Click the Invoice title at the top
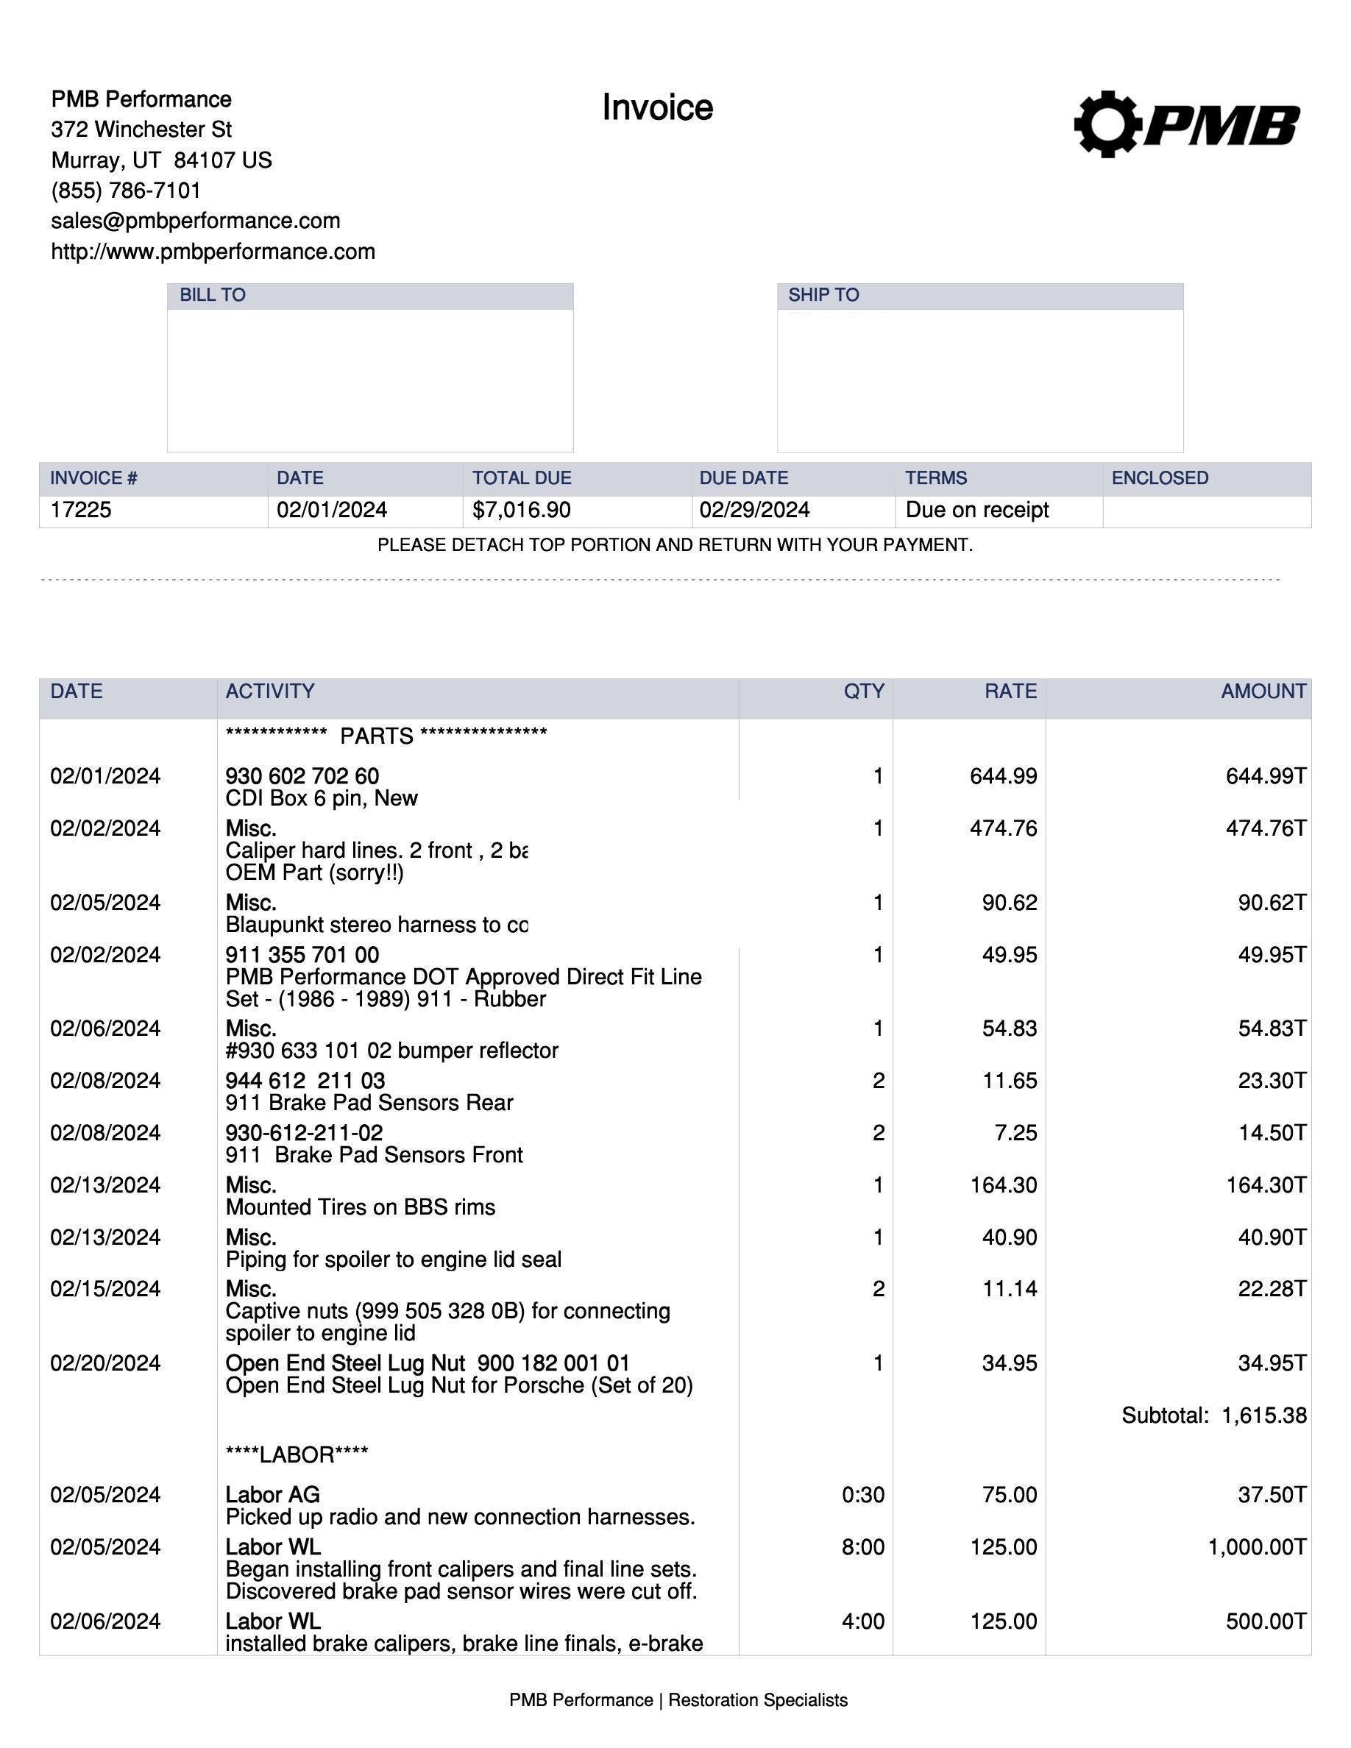coord(657,108)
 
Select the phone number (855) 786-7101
coord(126,191)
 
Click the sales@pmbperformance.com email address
coord(195,221)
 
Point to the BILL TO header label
coord(212,295)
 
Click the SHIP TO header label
coord(823,295)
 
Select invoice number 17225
coord(81,511)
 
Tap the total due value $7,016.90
coord(521,511)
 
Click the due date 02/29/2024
coord(754,511)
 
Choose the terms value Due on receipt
coord(976,511)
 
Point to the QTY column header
coord(864,692)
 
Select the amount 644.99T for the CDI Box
coord(1266,776)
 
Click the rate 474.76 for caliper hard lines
coord(1003,828)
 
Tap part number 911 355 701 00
coord(302,955)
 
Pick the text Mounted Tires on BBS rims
coord(360,1207)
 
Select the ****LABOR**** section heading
coord(296,1455)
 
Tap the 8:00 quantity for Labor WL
coord(863,1547)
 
